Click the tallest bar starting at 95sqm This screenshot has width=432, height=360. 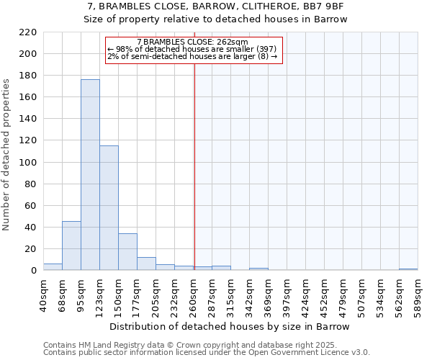point(90,175)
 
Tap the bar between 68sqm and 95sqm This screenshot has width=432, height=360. point(71,246)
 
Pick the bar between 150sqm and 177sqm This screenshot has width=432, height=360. point(127,252)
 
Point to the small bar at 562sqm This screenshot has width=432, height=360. point(408,269)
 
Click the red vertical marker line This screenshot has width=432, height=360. point(194,166)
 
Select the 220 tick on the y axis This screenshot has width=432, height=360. point(30,32)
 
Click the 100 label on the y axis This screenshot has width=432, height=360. point(30,163)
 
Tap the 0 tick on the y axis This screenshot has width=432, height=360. point(34,271)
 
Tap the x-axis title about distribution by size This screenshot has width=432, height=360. point(230,326)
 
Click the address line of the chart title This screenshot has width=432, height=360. point(215,6)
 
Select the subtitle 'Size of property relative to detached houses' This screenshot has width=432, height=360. point(215,19)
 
